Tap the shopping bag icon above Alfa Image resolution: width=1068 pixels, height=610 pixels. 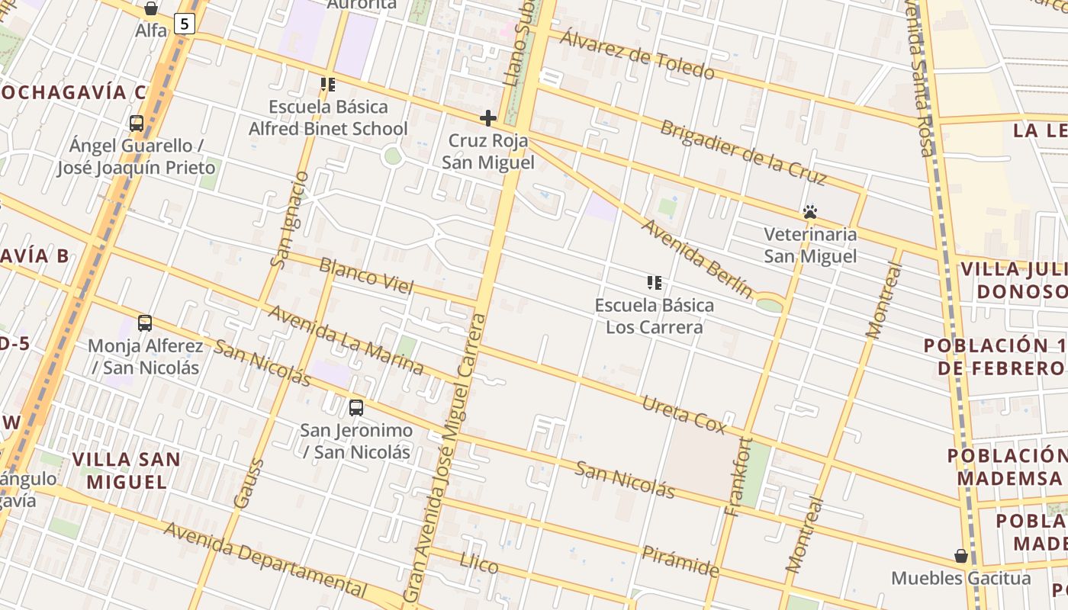pyautogui.click(x=151, y=8)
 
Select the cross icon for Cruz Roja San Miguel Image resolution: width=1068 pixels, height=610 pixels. pyautogui.click(x=488, y=118)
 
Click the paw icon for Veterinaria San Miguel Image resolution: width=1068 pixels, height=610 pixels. pyautogui.click(x=810, y=212)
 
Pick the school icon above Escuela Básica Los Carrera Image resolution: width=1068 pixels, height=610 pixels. pyautogui.click(x=654, y=283)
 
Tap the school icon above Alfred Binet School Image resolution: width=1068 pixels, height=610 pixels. pyautogui.click(x=328, y=85)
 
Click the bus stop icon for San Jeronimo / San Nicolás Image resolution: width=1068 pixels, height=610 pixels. pyautogui.click(x=356, y=407)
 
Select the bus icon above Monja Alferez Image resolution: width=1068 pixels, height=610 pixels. pyautogui.click(x=145, y=323)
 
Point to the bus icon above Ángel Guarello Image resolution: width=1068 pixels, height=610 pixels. pyautogui.click(x=137, y=123)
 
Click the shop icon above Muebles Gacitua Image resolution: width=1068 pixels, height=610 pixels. pyautogui.click(x=961, y=556)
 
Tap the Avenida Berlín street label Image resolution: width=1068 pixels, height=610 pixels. pyautogui.click(x=696, y=258)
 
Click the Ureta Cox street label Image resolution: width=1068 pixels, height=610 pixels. pyautogui.click(x=684, y=414)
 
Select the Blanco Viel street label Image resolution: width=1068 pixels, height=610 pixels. pyautogui.click(x=366, y=276)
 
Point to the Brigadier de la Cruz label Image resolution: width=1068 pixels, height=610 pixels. pyautogui.click(x=743, y=152)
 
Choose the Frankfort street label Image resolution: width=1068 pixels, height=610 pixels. pyautogui.click(x=741, y=477)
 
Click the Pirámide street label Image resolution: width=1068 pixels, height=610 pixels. pyautogui.click(x=680, y=561)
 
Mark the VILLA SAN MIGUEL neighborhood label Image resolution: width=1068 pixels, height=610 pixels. pyautogui.click(x=126, y=470)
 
